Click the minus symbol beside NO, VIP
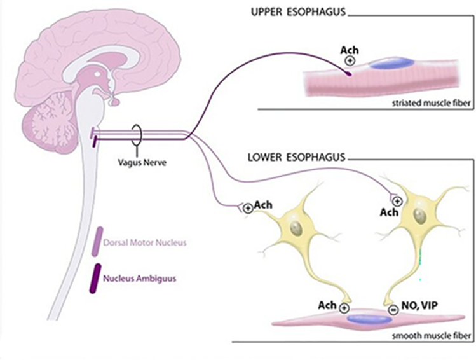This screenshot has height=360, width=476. [394, 310]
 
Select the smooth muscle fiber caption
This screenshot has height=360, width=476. [435, 334]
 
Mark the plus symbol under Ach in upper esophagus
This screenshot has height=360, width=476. [350, 60]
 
